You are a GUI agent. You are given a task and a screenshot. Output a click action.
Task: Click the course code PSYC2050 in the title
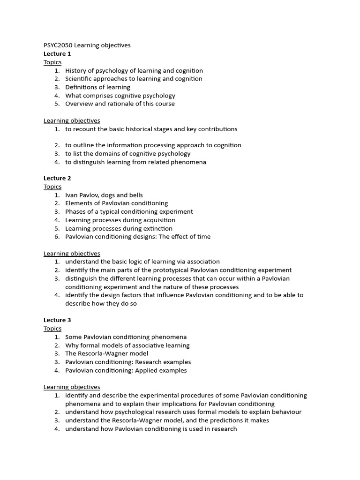pos(58,45)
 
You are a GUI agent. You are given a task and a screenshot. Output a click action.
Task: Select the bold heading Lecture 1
pos(57,54)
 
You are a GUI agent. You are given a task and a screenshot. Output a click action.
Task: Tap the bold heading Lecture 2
pos(57,178)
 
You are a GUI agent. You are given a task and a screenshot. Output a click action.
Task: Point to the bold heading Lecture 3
pos(57,320)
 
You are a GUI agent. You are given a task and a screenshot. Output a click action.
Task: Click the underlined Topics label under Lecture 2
pos(52,187)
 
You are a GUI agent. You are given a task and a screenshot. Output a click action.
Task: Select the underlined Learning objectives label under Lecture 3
pos(72,387)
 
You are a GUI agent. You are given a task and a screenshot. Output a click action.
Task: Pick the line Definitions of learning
pos(97,87)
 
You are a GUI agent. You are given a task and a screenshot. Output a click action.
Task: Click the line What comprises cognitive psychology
pos(120,96)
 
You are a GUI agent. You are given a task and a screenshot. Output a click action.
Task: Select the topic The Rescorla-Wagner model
pos(106,353)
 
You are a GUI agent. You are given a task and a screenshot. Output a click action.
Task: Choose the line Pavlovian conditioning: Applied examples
pos(126,370)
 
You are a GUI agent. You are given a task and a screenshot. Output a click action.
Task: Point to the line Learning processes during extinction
pos(119,228)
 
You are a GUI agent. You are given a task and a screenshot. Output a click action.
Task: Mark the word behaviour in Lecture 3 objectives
pos(285,412)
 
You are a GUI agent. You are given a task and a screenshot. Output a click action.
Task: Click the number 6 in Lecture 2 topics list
pos(56,237)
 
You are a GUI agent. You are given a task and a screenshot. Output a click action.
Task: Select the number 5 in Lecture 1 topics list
pos(56,104)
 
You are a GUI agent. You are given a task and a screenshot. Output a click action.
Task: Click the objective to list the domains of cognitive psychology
pos(127,154)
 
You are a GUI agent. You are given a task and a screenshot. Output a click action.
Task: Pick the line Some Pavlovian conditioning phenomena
pos(126,337)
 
